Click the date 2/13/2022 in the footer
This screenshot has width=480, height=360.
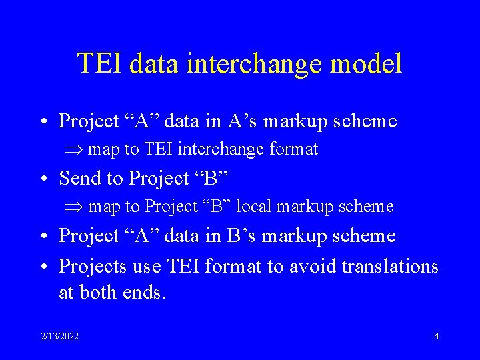pos(59,336)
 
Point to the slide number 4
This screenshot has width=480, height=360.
pos(436,336)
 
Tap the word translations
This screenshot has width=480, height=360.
pos(389,266)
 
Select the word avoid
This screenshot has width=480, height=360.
pos(313,266)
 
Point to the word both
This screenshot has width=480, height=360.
pos(98,292)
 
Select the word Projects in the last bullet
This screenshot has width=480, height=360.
pos(93,266)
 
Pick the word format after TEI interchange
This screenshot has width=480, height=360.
pos(293,149)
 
